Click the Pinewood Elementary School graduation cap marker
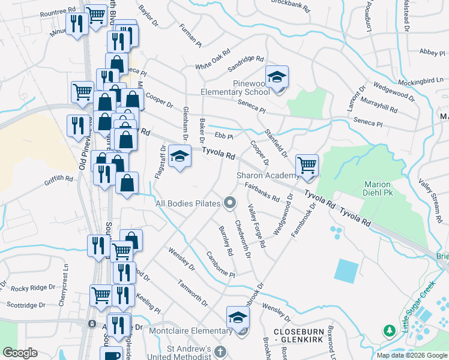pos(277,77)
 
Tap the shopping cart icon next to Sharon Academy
pos(307,164)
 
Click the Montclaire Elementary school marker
pos(238,317)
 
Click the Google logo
pos(20,353)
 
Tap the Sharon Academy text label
pos(267,175)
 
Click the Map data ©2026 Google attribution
pos(411,355)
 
